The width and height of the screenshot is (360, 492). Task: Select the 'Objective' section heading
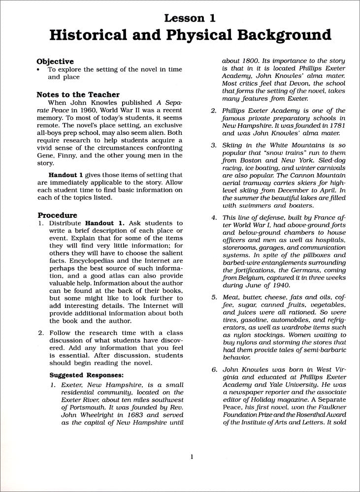pyautogui.click(x=55, y=61)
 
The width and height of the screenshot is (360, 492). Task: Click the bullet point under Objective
pyautogui.click(x=38, y=69)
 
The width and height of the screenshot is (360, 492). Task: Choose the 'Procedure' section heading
pyautogui.click(x=57, y=215)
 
